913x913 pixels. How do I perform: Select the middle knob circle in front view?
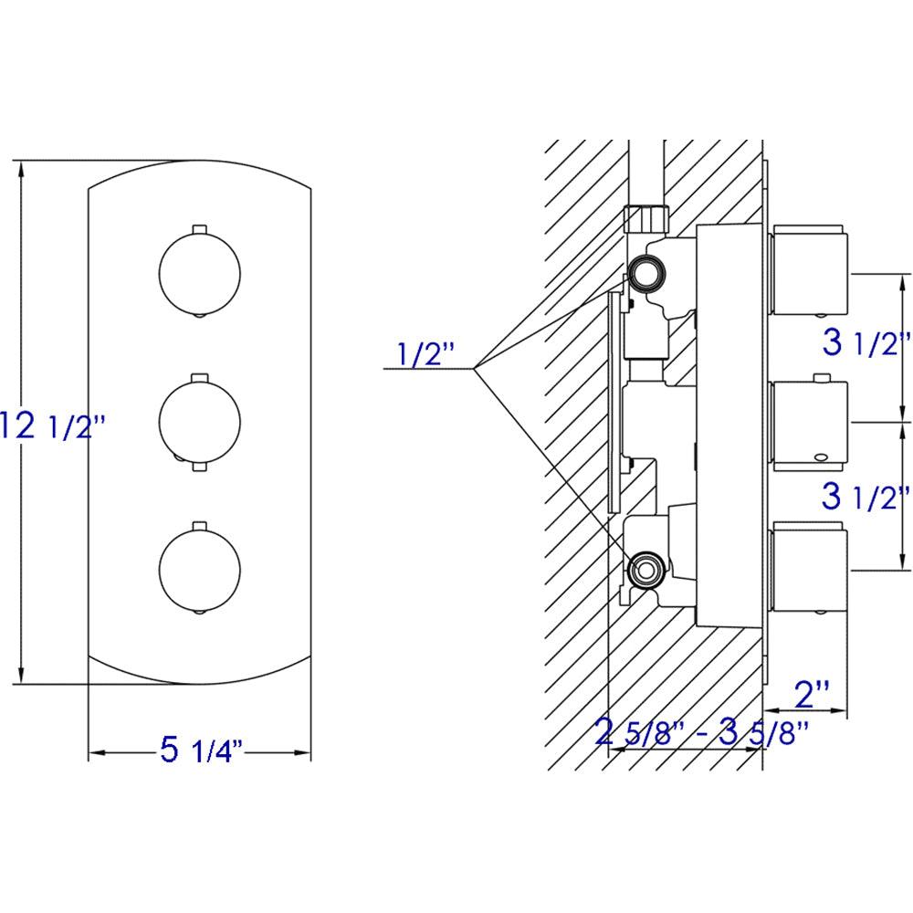(200, 420)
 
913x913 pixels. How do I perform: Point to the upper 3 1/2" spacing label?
(866, 345)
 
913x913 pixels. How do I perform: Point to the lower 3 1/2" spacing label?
(866, 498)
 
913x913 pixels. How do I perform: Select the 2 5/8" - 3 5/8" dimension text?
(701, 731)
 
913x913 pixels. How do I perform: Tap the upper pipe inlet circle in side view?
(646, 271)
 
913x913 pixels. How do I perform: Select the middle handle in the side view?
(809, 422)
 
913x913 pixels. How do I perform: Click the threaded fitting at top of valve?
(647, 219)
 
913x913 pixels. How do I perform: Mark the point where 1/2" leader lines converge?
(475, 368)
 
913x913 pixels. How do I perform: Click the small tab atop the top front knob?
(200, 226)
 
